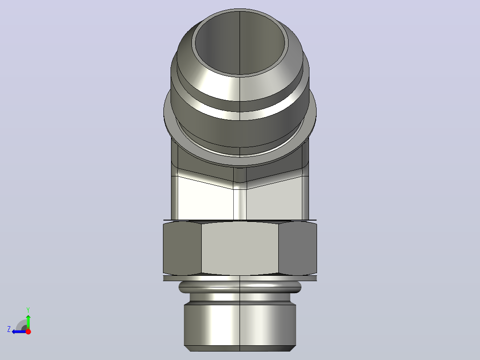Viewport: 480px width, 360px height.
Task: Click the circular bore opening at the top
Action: [240, 43]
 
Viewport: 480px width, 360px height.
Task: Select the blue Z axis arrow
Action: [19, 331]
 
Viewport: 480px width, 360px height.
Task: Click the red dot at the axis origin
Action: [28, 331]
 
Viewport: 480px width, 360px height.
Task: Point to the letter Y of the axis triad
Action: [28, 310]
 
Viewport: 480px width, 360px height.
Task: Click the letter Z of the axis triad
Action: [9, 329]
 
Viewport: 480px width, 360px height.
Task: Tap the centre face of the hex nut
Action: [240, 248]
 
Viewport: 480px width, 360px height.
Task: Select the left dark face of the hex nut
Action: [183, 248]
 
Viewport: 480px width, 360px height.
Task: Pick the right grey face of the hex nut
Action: [297, 248]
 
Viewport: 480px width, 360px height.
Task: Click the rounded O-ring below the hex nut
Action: [240, 287]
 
